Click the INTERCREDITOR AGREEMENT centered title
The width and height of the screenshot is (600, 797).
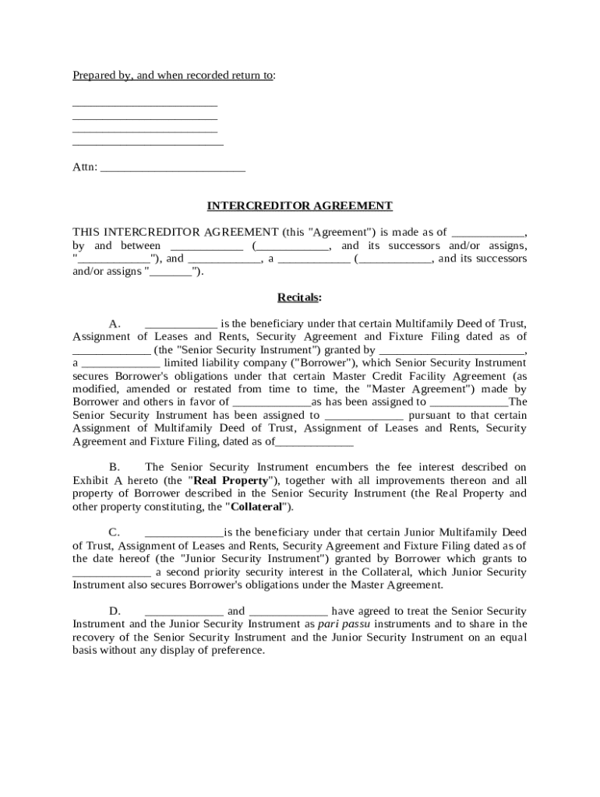[299, 206]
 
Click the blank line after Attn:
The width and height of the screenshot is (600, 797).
[173, 167]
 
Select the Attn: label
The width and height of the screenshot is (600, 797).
[85, 167]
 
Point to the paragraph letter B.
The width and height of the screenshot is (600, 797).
[115, 467]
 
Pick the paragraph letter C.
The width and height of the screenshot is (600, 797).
[115, 533]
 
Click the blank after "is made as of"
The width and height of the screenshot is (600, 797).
[489, 232]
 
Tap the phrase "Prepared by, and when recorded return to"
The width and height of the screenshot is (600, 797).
[173, 75]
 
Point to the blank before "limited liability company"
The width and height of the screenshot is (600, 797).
[121, 363]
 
